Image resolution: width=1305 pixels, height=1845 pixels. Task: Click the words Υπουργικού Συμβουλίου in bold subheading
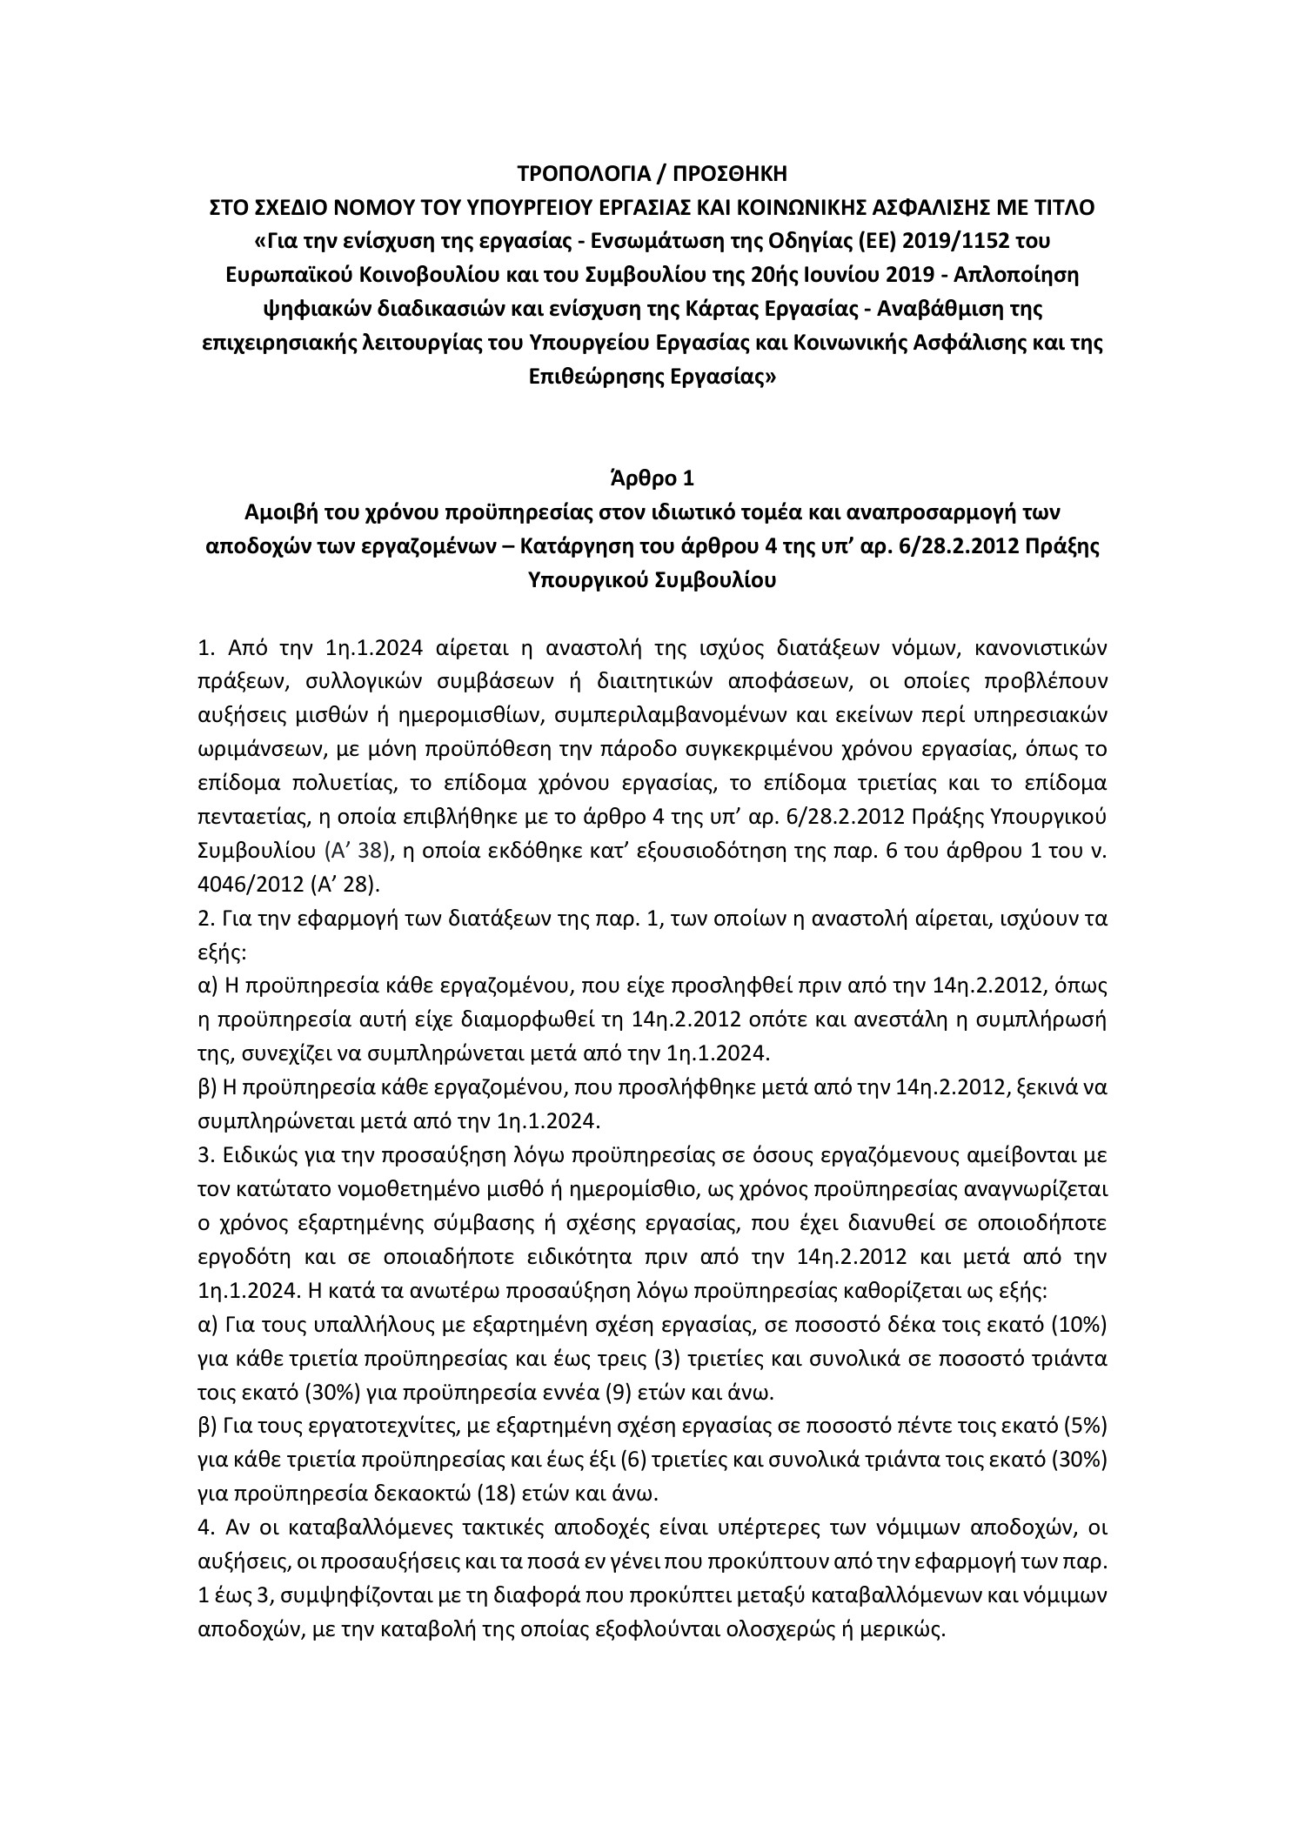click(x=652, y=580)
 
